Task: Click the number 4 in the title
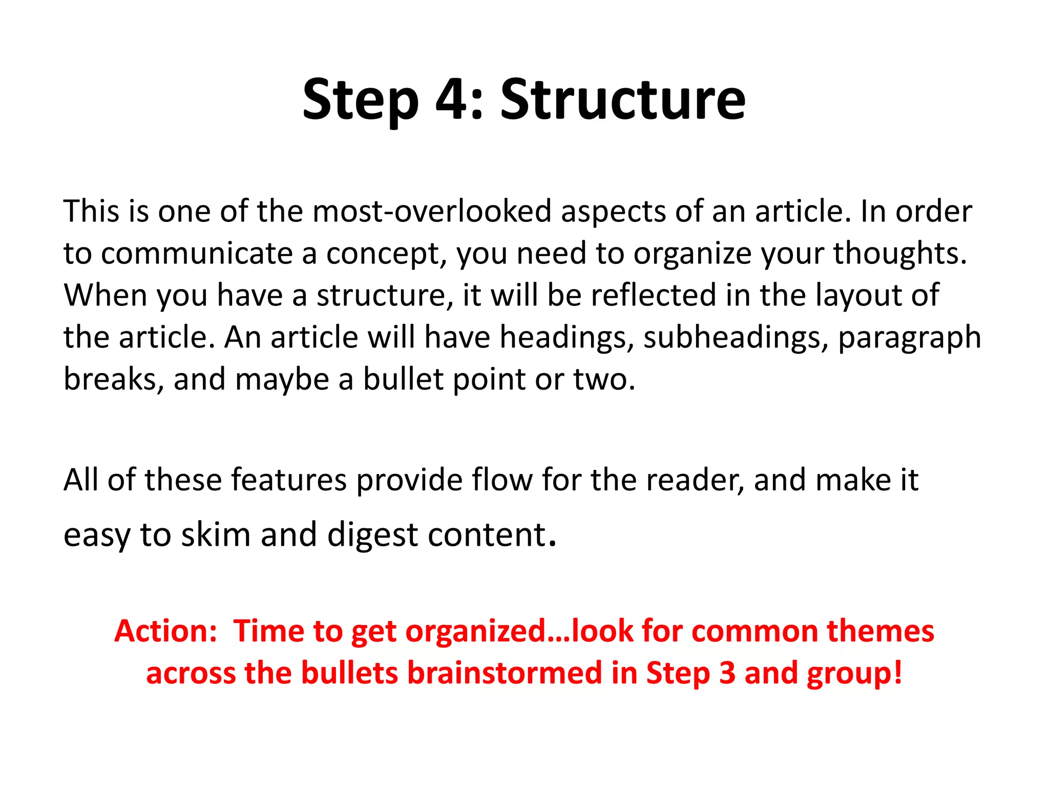pos(452,99)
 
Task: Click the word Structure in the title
pos(622,99)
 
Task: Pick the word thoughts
pos(900,254)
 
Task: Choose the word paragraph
pos(909,339)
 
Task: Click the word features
pos(289,480)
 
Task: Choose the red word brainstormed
pos(505,673)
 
